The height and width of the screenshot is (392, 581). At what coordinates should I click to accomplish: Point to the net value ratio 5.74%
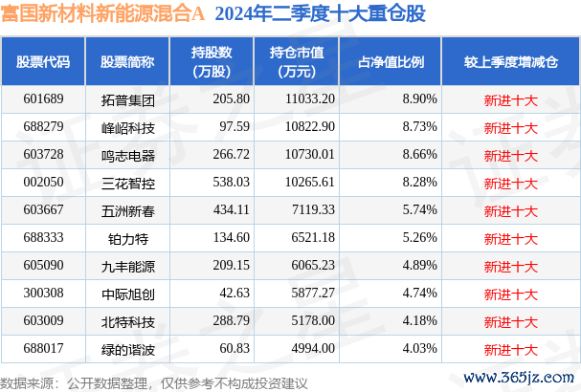419,208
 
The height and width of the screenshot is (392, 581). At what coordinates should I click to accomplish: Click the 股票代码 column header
43,62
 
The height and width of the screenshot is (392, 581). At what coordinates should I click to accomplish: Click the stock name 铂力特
121,236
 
